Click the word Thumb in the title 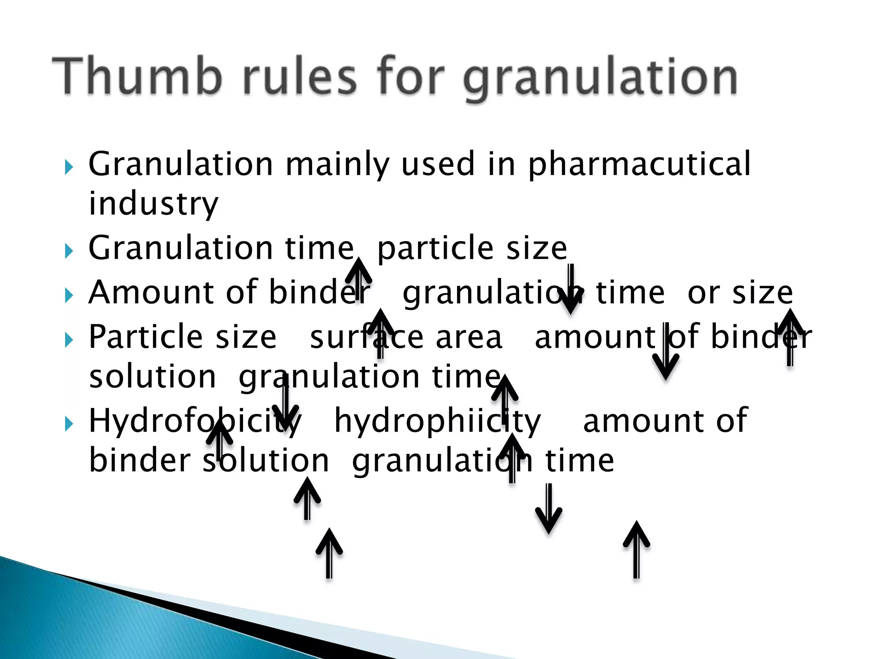tap(137, 76)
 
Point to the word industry tap(153, 204)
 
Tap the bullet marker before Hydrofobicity tap(69, 424)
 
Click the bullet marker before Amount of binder tap(69, 296)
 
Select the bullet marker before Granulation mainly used tap(69, 167)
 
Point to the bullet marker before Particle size tap(69, 340)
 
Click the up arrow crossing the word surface tap(380, 333)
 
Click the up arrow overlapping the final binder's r tap(790, 337)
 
